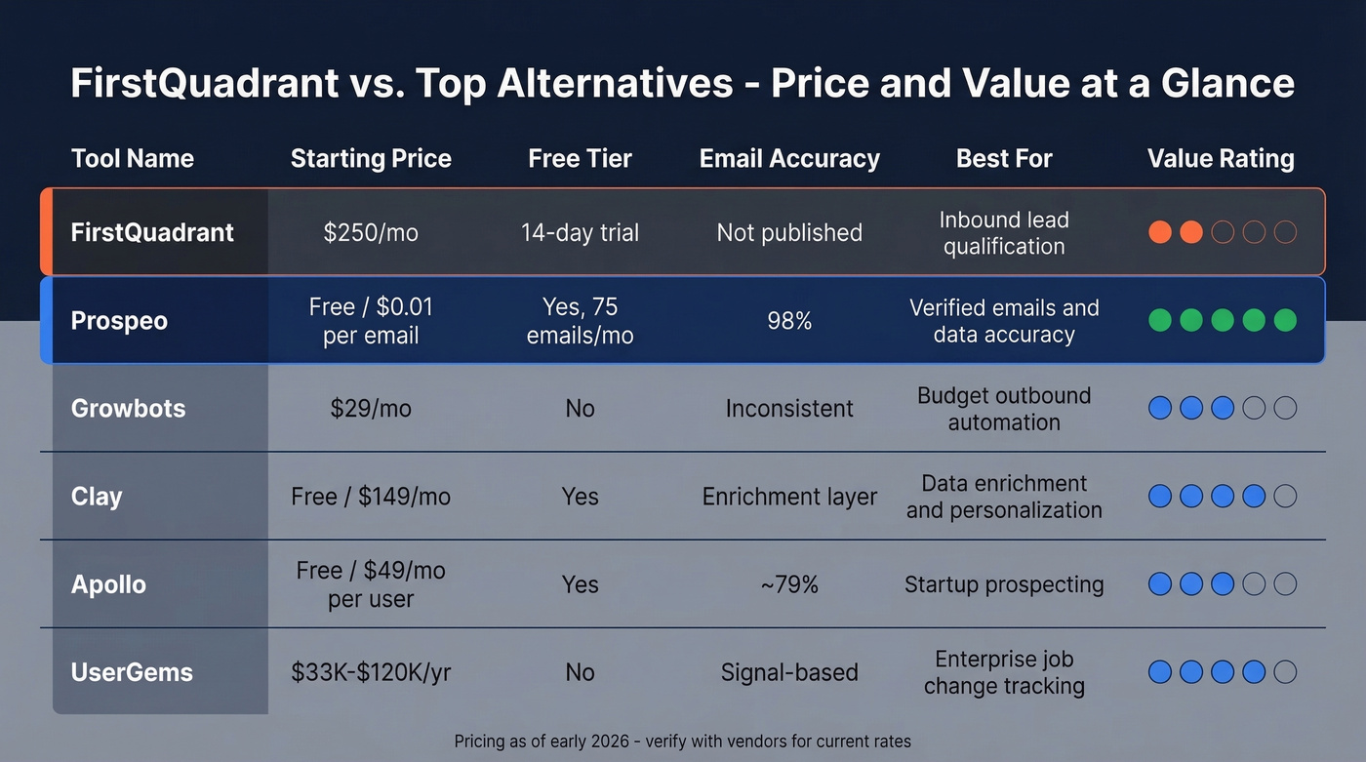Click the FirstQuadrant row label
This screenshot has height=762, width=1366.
pyautogui.click(x=152, y=232)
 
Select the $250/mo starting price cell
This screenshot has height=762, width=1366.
pyautogui.click(x=371, y=232)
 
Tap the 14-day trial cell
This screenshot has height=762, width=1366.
pyautogui.click(x=580, y=232)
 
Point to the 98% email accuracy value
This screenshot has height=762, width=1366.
pyautogui.click(x=789, y=320)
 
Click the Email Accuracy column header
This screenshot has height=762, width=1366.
pyautogui.click(x=789, y=158)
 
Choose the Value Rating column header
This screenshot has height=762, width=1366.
pyautogui.click(x=1221, y=158)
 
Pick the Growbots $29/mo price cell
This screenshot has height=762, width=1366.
pyautogui.click(x=371, y=408)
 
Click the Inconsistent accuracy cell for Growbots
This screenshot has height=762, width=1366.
pyautogui.click(x=789, y=408)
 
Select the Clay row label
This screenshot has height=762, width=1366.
pyautogui.click(x=97, y=496)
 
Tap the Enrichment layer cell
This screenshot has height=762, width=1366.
pyautogui.click(x=789, y=496)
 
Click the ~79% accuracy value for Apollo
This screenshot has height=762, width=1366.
pyautogui.click(x=789, y=583)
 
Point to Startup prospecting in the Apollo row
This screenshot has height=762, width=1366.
pyautogui.click(x=1004, y=583)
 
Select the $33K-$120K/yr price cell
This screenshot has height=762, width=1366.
pyautogui.click(x=371, y=671)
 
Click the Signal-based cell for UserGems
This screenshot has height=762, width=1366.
pyautogui.click(x=789, y=671)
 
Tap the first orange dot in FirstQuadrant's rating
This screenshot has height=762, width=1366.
pyautogui.click(x=1160, y=232)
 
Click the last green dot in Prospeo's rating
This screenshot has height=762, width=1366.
pyautogui.click(x=1285, y=320)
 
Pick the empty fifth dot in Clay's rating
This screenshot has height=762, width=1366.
pyautogui.click(x=1285, y=496)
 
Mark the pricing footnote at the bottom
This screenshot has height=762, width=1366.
pyautogui.click(x=683, y=741)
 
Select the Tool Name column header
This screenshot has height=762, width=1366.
pyautogui.click(x=133, y=158)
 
